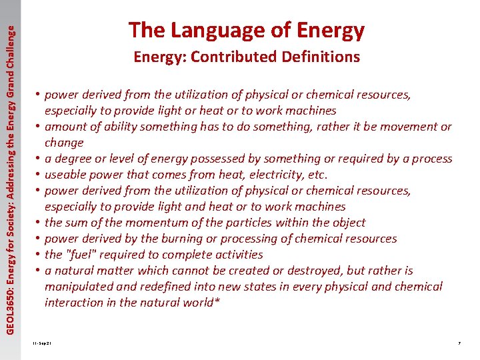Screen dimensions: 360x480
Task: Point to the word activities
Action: pos(237,255)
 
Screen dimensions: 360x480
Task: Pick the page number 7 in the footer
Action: pos(459,343)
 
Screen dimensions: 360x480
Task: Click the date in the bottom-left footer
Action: pos(41,343)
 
